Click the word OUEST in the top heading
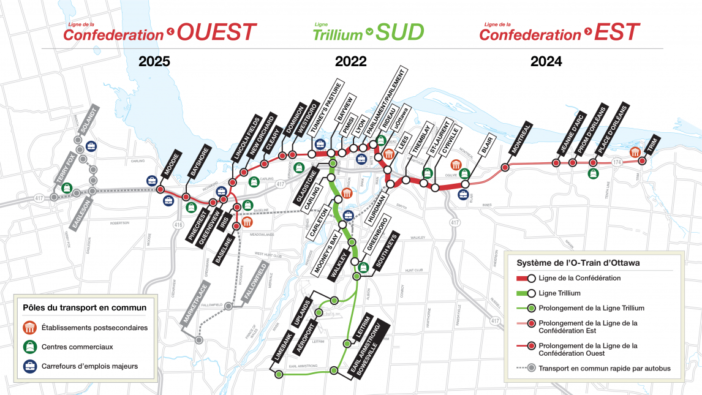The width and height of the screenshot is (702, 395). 218,33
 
